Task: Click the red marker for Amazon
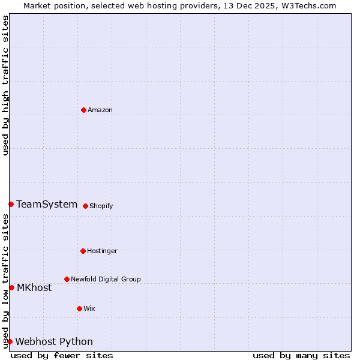coord(83,110)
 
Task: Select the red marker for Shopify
coord(85,206)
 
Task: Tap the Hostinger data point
coord(83,251)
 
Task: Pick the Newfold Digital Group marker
coord(67,279)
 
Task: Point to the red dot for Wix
coord(79,308)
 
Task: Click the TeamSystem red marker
coord(11,204)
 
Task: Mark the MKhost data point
coord(11,287)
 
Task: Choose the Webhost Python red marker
coord(10,341)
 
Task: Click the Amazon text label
coord(100,110)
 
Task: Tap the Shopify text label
coord(101,206)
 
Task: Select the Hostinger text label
coord(102,251)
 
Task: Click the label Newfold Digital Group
coord(106,280)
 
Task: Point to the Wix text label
coord(89,309)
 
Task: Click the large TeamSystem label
coord(47,205)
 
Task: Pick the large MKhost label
coord(34,288)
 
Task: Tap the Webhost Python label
coord(54,342)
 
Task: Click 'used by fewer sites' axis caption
coord(62,355)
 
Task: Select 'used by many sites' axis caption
coord(301,355)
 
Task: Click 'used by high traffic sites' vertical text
coord(6,85)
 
